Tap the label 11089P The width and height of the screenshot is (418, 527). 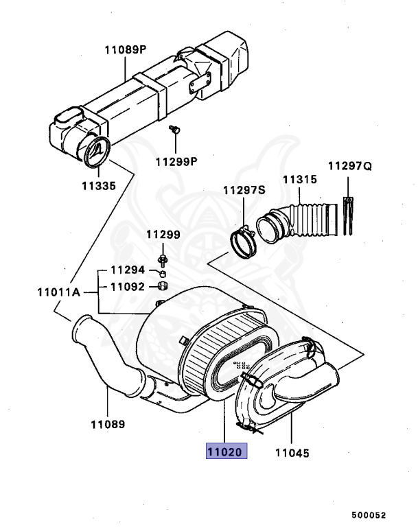point(126,50)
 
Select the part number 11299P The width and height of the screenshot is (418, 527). point(176,162)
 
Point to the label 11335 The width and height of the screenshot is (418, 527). point(99,186)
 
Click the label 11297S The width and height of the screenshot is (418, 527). point(244,190)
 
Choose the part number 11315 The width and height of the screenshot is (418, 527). point(300,180)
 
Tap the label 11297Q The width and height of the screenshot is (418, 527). point(350,166)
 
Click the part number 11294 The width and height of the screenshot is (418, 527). point(128,270)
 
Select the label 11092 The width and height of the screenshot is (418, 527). point(128,287)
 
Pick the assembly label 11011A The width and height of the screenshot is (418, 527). point(59,292)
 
